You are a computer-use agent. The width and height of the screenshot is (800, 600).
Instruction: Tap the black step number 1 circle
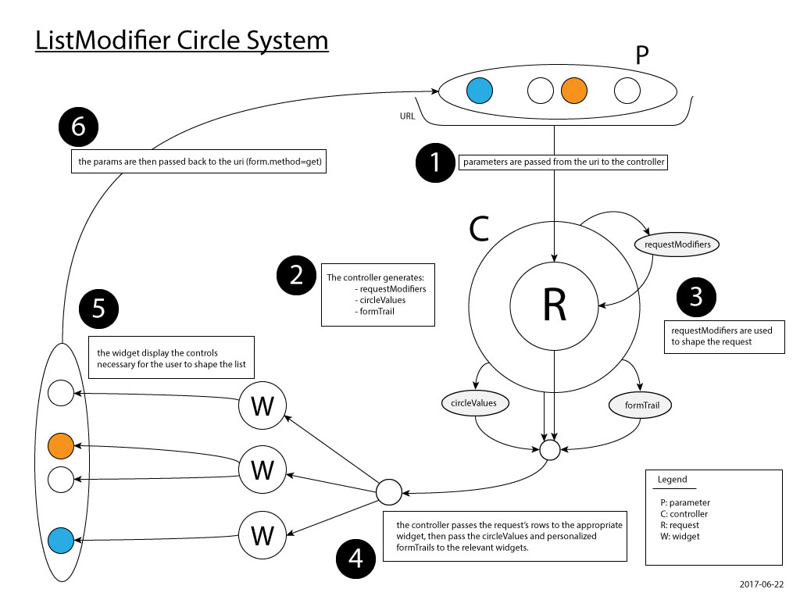434,163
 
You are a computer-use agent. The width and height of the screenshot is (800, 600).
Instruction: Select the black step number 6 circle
78,128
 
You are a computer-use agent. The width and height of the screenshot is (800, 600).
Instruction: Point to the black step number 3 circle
696,298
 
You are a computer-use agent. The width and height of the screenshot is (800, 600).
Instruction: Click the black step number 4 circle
355,559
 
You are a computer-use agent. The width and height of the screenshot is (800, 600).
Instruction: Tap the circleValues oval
469,403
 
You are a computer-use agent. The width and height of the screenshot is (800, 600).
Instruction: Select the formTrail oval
640,405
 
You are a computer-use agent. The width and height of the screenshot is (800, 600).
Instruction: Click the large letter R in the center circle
553,307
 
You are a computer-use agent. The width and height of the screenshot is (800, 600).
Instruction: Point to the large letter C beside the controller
478,228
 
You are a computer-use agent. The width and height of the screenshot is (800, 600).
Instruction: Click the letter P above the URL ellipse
641,55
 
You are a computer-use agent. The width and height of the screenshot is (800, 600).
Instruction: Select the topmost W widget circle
263,406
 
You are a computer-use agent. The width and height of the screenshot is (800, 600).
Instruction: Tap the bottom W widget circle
263,536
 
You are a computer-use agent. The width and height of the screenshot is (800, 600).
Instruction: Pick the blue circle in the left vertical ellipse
60,539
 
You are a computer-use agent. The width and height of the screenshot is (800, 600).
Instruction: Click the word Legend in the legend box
672,480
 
